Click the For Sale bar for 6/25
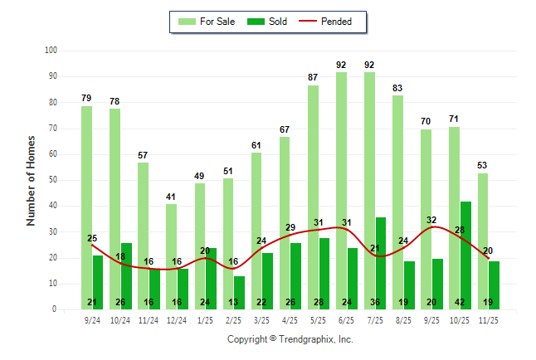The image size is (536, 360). pyautogui.click(x=341, y=191)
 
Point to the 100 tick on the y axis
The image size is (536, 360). pyautogui.click(x=51, y=51)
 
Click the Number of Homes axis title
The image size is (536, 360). pyautogui.click(x=32, y=180)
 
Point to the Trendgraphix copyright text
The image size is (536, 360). pyautogui.click(x=290, y=339)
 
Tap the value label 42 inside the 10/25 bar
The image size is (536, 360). pyautogui.click(x=465, y=302)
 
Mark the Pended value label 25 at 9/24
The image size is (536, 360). pyautogui.click(x=92, y=238)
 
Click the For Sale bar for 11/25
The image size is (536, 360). pyautogui.click(x=482, y=241)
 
